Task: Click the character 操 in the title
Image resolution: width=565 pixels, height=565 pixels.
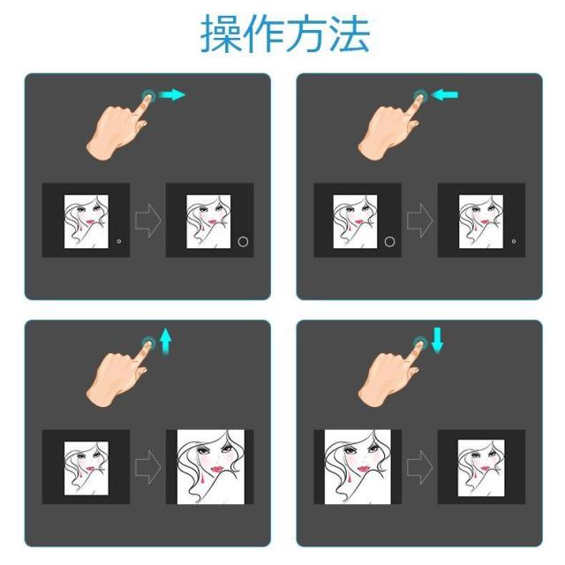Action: [224, 33]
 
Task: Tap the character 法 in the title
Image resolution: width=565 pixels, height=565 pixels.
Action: [348, 33]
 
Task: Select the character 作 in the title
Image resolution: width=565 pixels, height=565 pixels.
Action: [267, 33]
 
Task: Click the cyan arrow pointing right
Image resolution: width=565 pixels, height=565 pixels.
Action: [174, 94]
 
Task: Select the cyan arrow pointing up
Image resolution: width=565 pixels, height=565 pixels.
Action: [165, 341]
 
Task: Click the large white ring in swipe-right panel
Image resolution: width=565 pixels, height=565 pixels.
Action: [244, 240]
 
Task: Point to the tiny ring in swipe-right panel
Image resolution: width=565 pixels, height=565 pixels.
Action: [119, 240]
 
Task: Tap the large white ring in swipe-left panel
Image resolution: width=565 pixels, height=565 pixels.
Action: [390, 240]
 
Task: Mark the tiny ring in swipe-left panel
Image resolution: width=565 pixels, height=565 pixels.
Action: [514, 240]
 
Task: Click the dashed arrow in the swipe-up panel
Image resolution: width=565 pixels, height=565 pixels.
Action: [148, 466]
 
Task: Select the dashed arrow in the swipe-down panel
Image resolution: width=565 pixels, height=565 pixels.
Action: [420, 466]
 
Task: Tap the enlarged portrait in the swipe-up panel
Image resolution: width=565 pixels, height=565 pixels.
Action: [210, 466]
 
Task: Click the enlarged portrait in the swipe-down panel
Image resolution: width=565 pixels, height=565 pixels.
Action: [358, 466]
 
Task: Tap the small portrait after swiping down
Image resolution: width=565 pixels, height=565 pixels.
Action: [481, 466]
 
